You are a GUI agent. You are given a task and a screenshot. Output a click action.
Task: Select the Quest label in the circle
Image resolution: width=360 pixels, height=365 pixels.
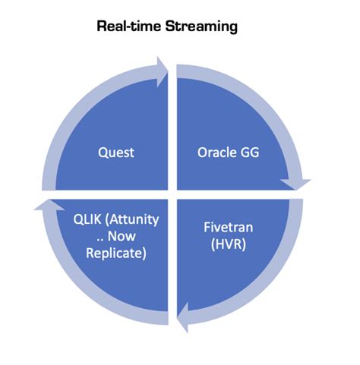[x=116, y=152]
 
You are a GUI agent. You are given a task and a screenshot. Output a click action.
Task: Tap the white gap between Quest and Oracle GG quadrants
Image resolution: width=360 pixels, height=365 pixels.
[x=172, y=129]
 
